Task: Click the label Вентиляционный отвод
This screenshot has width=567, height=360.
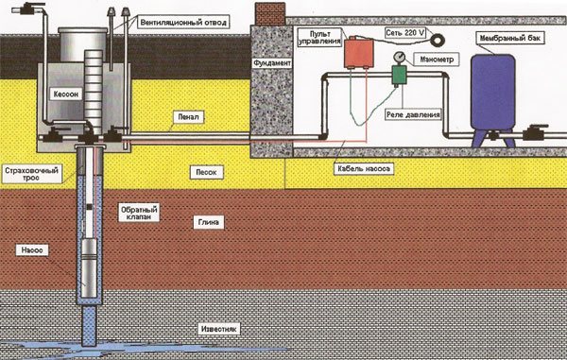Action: pos(183,23)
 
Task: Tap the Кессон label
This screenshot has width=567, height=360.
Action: pos(66,94)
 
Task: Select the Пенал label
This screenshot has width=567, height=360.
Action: pos(188,117)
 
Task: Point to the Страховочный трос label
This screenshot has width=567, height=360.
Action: pos(31,174)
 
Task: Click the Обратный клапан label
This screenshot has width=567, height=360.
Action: pos(139,214)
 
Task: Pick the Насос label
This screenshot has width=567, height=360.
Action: pos(32,250)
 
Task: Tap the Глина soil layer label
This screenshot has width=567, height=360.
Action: pos(209,222)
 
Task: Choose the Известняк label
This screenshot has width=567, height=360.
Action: pos(219,329)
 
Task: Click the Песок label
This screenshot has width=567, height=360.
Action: pos(206,172)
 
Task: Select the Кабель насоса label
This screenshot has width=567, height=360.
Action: pos(364,168)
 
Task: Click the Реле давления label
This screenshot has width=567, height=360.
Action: pos(413,114)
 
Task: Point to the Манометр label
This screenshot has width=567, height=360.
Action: pos(437,60)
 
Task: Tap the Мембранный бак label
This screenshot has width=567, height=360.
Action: pos(511,38)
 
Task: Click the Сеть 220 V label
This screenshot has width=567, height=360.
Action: pos(405,33)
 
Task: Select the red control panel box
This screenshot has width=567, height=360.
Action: pos(358,53)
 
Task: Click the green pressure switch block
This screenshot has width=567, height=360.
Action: pos(400,76)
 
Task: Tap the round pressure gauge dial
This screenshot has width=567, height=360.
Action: pos(400,58)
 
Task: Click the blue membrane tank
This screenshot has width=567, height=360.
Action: pos(493,93)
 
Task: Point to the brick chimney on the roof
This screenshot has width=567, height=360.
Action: pos(271,13)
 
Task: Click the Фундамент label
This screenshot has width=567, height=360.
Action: pos(272,63)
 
